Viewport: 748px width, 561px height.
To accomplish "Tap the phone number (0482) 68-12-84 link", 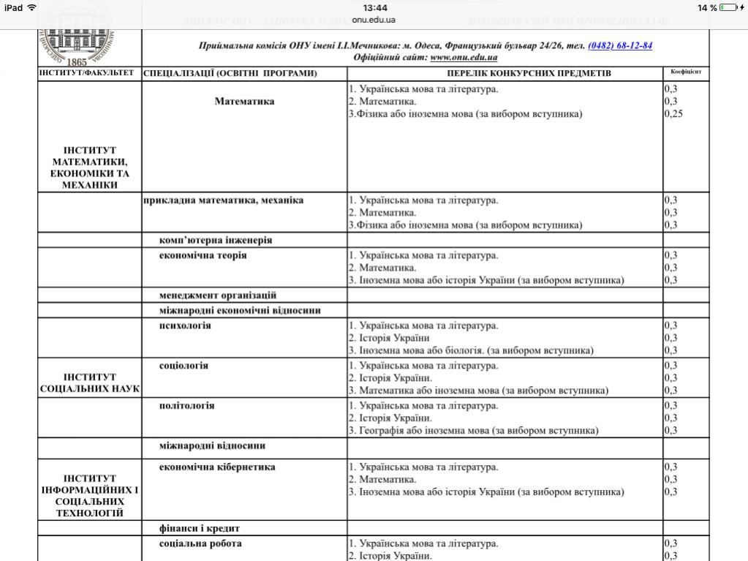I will click(x=620, y=45).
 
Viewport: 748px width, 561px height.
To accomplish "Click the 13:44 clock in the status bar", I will click(x=374, y=7).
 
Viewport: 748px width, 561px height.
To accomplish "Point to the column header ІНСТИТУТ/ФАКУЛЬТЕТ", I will click(x=87, y=73).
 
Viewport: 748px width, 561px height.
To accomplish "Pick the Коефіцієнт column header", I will click(x=686, y=72).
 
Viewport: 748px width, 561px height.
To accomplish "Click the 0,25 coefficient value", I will click(x=673, y=114).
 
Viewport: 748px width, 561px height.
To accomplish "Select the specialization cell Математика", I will click(x=244, y=102).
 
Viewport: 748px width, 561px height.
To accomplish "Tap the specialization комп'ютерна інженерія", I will click(x=216, y=240).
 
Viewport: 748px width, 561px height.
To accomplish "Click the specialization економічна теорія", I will click(x=203, y=255).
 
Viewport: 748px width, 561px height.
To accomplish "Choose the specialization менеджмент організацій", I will click(x=217, y=295).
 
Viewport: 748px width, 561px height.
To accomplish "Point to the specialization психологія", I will click(x=185, y=325).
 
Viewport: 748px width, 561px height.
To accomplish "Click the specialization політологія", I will click(x=186, y=406).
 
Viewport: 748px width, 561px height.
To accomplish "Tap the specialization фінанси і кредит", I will click(x=200, y=527).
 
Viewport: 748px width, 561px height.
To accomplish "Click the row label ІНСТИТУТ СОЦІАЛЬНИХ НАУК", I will click(x=90, y=383).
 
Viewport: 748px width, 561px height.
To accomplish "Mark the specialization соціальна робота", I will click(x=200, y=543).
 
